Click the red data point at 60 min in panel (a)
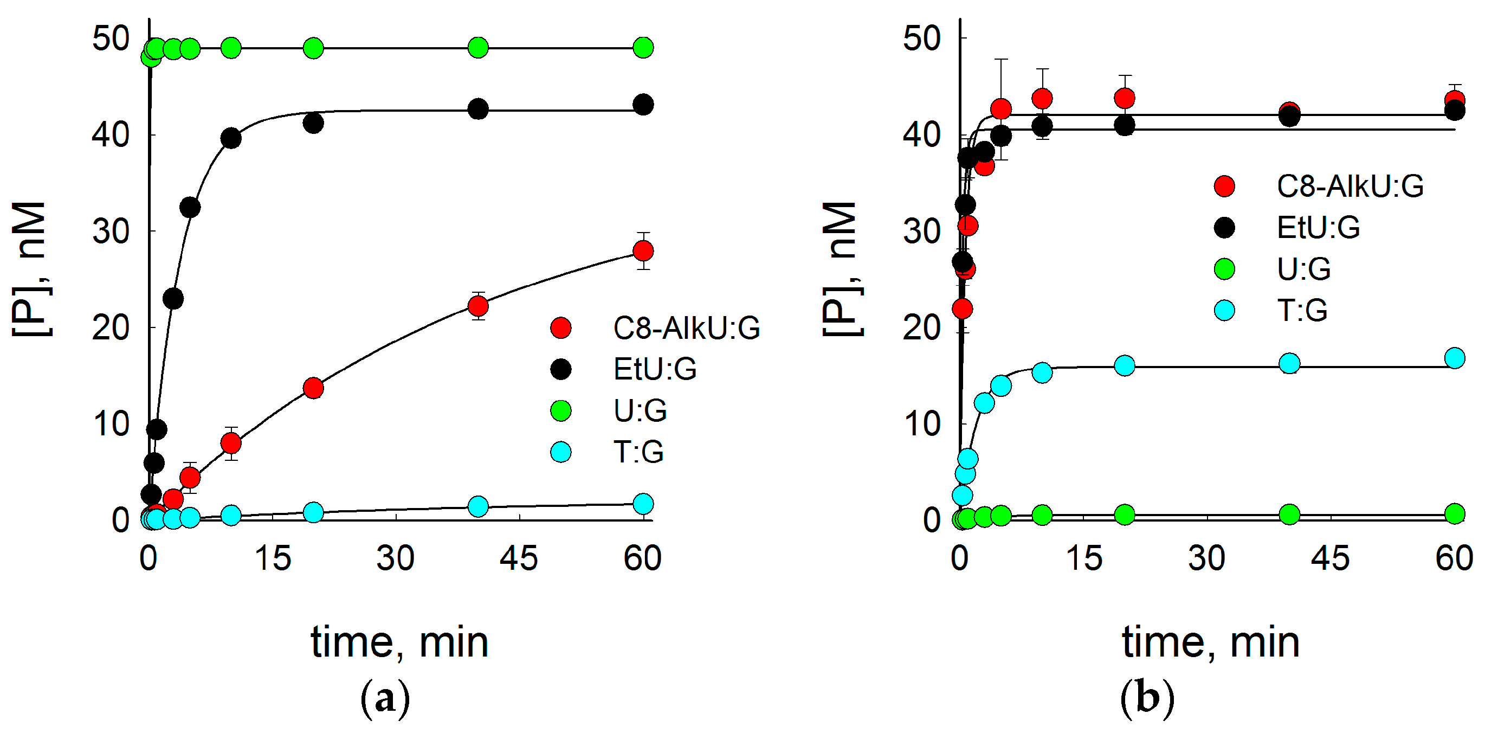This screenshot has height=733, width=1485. (x=643, y=251)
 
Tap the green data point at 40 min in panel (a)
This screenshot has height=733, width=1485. (x=478, y=48)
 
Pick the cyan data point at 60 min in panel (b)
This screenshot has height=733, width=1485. (x=1455, y=358)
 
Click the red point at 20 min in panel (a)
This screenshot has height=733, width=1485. (x=313, y=388)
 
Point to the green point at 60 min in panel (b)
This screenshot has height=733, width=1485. (x=1455, y=513)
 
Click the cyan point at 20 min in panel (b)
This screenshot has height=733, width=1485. (x=1125, y=365)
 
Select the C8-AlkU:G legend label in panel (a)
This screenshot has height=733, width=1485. (x=686, y=328)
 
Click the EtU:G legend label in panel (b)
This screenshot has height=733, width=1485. (x=1318, y=228)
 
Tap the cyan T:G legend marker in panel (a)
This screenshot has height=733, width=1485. (x=561, y=452)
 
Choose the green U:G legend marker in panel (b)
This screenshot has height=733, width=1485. (x=1224, y=269)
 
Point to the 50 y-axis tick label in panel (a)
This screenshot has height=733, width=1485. (x=111, y=39)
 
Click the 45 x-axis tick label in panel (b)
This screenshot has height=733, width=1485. (x=1330, y=558)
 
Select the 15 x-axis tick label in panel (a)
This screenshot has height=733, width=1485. (x=272, y=558)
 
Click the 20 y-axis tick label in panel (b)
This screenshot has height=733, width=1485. (x=921, y=328)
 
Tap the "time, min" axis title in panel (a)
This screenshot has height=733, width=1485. (x=399, y=642)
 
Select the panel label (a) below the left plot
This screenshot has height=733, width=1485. (x=385, y=698)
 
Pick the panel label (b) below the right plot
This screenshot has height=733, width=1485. (x=1147, y=698)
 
